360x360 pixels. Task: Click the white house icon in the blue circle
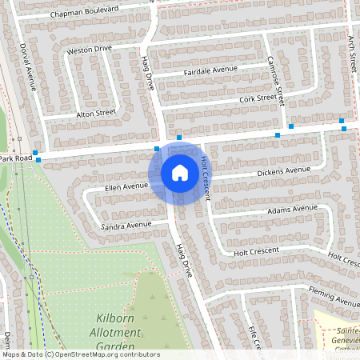tap(180, 172)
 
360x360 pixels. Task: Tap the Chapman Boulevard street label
tap(84, 11)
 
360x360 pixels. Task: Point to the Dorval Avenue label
tap(28, 66)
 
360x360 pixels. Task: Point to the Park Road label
tap(16, 159)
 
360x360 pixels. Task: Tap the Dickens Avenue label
tap(283, 171)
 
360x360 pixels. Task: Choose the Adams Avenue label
tap(293, 209)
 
